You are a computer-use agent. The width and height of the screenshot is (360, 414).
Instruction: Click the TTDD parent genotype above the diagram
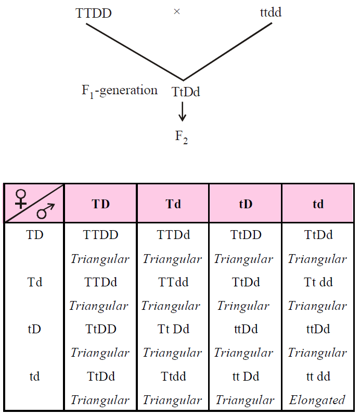coord(94,13)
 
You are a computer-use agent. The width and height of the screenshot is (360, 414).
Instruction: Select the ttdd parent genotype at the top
coord(271,12)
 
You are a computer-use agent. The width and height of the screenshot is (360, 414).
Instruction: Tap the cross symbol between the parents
coord(177,11)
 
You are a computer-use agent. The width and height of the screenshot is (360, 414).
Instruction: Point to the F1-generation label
coord(120,91)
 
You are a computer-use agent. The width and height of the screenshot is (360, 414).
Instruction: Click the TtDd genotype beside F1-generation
coord(186,92)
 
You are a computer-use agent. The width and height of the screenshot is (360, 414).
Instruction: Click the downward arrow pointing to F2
coord(182,111)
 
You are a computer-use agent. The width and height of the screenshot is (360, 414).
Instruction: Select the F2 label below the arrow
coord(182,137)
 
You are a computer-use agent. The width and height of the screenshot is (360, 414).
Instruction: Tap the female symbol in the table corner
coord(21,198)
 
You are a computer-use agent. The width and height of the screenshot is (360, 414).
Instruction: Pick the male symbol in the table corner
coord(46,211)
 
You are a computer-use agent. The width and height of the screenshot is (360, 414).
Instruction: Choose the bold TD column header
coord(101,204)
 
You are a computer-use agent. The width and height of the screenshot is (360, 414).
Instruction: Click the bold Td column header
coord(173,204)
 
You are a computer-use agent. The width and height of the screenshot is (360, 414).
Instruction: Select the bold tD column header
coord(246,204)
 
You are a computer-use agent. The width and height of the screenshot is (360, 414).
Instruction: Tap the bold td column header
coord(318,204)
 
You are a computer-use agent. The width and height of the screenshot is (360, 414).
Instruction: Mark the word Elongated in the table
coord(317,400)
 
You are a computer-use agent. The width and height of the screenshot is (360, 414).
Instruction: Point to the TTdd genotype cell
coord(173,282)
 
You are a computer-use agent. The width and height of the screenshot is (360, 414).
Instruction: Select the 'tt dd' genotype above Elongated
coord(318,377)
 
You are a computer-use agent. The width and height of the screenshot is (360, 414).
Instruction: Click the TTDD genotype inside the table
coord(101,235)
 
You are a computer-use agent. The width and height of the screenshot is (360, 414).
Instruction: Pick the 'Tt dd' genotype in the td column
coord(318,282)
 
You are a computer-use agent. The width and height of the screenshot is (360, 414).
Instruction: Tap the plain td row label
coord(34,377)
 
